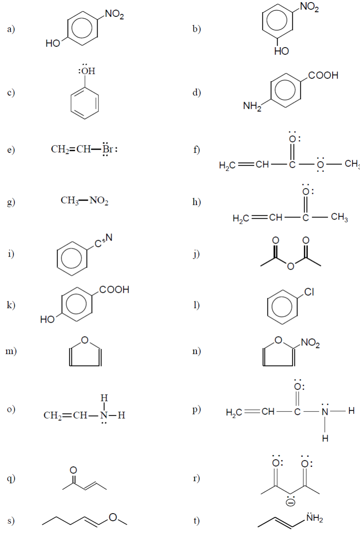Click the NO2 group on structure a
[x=114, y=14]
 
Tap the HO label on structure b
[x=281, y=51]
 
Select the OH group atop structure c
[x=87, y=70]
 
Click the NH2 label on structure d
[x=252, y=106]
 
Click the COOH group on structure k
[x=114, y=290]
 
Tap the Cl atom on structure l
[x=309, y=292]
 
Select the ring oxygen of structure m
[x=85, y=340]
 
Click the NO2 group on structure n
[x=310, y=343]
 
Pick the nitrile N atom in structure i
[x=109, y=238]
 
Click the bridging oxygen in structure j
[x=291, y=266]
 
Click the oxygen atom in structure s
[x=113, y=517]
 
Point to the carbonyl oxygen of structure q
[x=73, y=470]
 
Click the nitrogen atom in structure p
[x=325, y=412]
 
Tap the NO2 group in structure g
[x=99, y=201]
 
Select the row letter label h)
[x=196, y=202]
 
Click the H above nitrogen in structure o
[x=104, y=398]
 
